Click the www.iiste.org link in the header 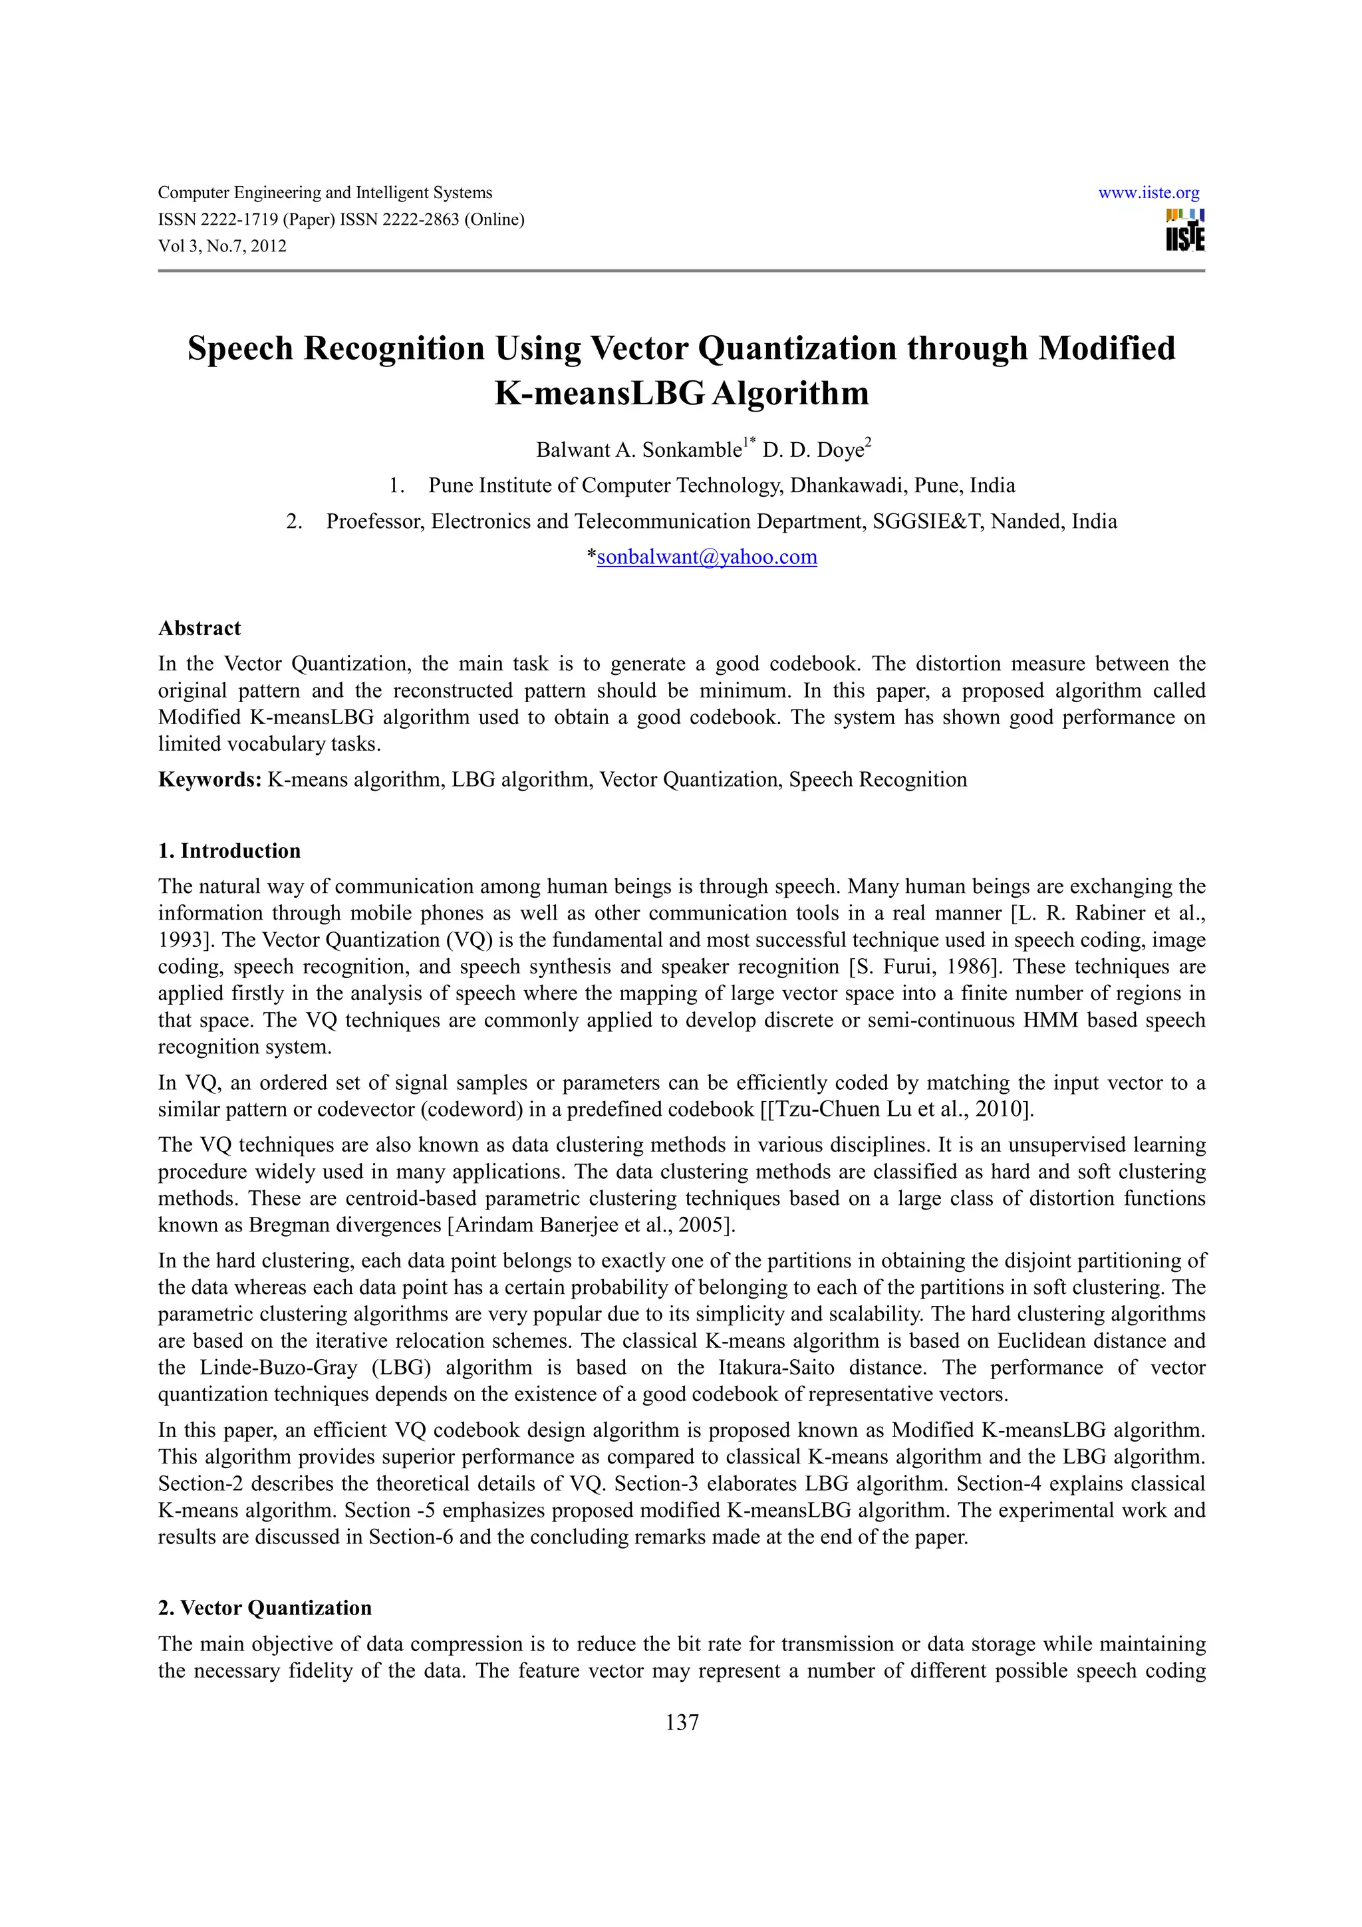(1148, 193)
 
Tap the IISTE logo (1184, 230)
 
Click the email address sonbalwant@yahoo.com (706, 557)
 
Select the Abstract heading (199, 628)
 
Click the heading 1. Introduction (229, 851)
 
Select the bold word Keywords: (209, 780)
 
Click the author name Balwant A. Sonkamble (638, 451)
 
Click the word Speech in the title (243, 348)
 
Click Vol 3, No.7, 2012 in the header (221, 247)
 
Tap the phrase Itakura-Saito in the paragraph (776, 1368)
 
